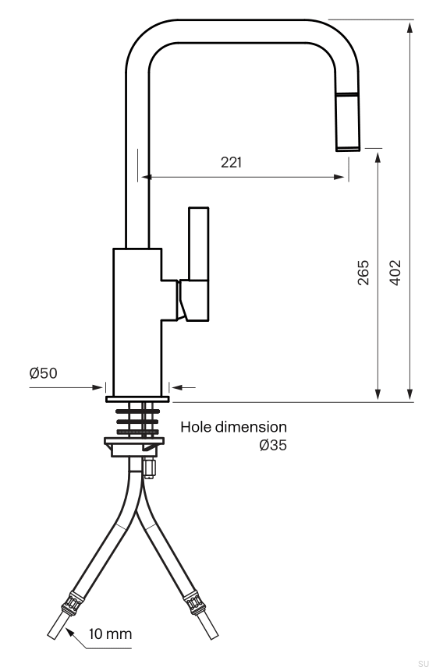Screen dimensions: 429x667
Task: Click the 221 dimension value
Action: (231, 163)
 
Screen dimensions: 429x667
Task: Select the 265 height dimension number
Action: (363, 272)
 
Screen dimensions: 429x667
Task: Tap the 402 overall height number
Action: (395, 272)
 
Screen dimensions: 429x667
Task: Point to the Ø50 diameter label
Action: (43, 373)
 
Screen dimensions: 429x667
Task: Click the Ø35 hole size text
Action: (273, 446)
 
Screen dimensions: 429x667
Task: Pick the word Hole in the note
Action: (196, 427)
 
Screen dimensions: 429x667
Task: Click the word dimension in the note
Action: (251, 427)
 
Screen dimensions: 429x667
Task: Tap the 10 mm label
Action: (110, 633)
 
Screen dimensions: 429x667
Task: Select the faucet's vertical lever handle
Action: (199, 244)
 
